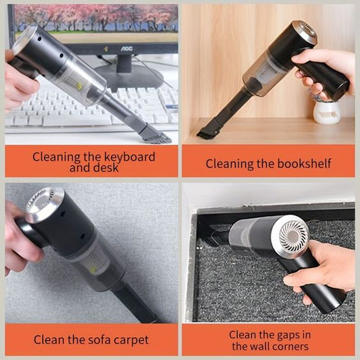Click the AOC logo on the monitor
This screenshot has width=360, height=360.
pos(126,49)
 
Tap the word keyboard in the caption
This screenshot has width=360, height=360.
pos(130,157)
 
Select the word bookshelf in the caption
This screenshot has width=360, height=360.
pos(304,163)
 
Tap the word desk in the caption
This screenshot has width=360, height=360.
pos(107,168)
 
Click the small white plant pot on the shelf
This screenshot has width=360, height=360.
pos(327,112)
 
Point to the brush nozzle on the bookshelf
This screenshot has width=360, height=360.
pos(207,130)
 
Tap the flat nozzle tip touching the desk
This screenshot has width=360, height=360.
pos(156,135)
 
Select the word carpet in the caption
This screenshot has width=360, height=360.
pos(131,340)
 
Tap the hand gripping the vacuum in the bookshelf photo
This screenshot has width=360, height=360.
pos(322,71)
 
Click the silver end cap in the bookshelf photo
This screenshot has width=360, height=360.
pos(305,32)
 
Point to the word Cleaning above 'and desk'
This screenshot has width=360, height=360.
pos(56,157)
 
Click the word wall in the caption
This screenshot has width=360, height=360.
pos(255,346)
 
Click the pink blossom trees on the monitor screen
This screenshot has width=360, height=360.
pos(97,17)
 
